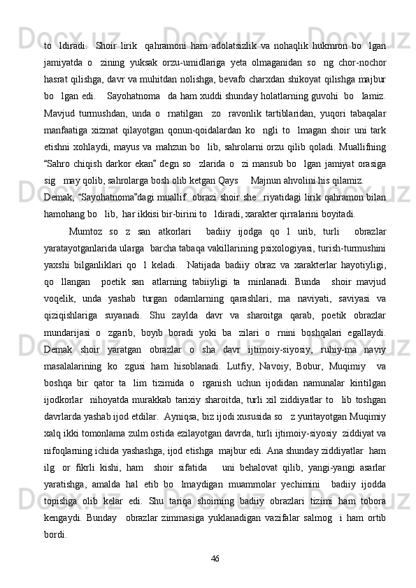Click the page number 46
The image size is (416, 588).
pos(215,558)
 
